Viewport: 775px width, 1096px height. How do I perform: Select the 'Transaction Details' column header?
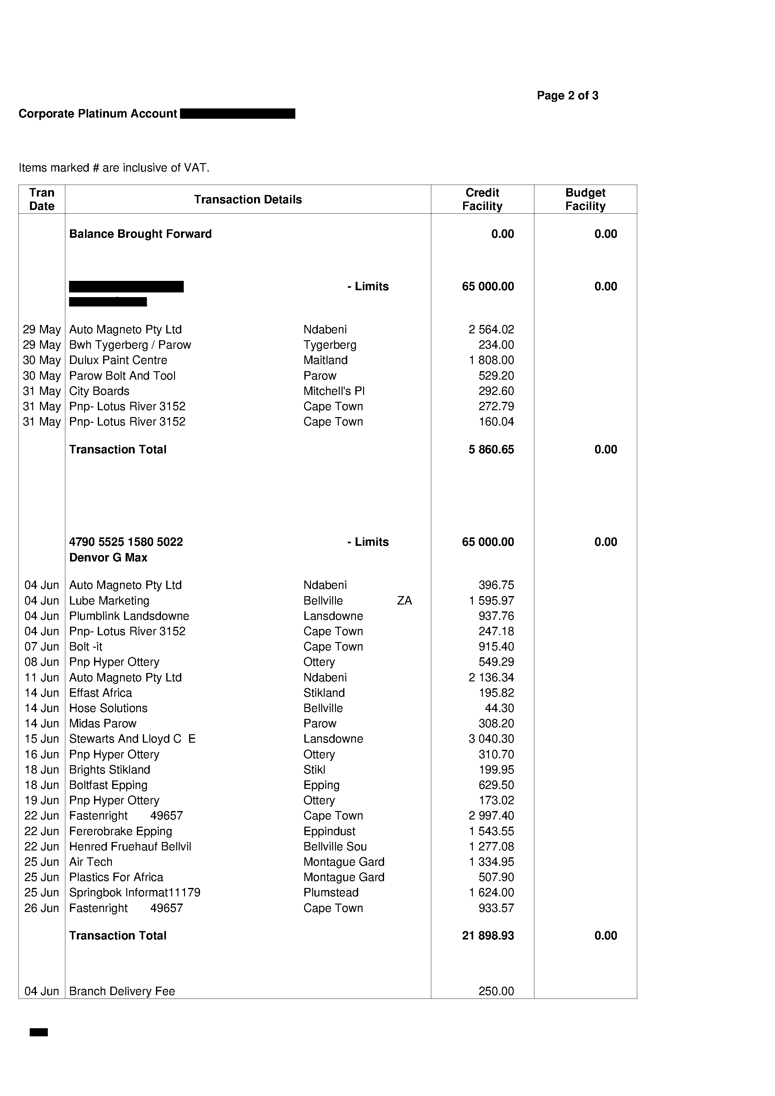[x=248, y=200]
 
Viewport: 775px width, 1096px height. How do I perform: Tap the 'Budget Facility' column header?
[x=585, y=200]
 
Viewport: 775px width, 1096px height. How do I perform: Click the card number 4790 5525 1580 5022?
[x=126, y=542]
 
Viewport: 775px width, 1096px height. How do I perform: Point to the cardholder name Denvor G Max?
[x=108, y=558]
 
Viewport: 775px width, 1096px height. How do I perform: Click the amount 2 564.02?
[x=491, y=329]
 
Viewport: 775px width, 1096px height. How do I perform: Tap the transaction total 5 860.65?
[x=491, y=449]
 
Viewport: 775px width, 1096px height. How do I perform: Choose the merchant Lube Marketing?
[x=109, y=600]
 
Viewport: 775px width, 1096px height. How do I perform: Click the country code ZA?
[x=404, y=600]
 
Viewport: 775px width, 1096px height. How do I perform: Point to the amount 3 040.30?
[x=491, y=739]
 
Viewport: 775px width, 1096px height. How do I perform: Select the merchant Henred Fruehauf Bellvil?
[x=130, y=846]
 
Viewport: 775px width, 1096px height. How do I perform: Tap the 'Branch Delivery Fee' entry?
[x=122, y=991]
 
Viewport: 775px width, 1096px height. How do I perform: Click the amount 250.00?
[x=496, y=991]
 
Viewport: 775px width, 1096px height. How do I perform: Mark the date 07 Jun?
[x=42, y=646]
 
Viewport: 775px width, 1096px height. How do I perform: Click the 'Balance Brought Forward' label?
[x=140, y=234]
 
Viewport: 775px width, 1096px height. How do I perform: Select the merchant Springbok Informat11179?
[x=135, y=893]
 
